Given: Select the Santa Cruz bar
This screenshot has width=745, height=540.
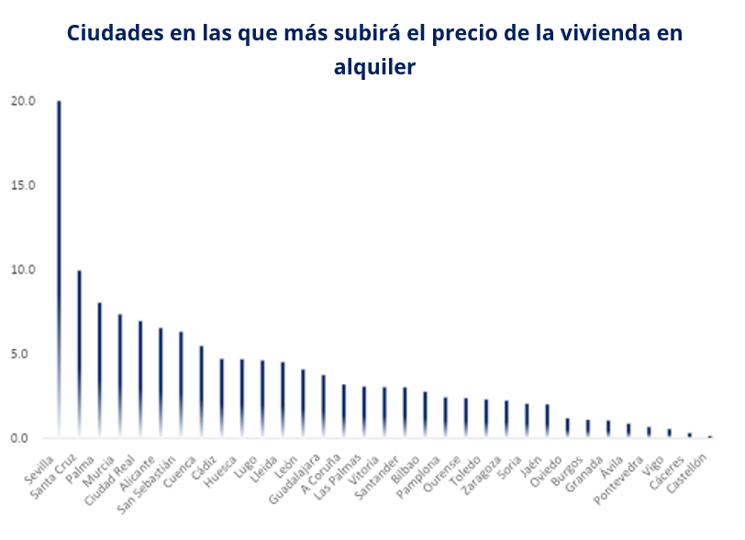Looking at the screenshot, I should pos(79,354).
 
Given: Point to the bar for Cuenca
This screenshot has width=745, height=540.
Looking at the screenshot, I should pos(201,391).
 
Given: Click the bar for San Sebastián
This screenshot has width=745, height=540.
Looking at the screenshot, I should pos(181,384).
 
